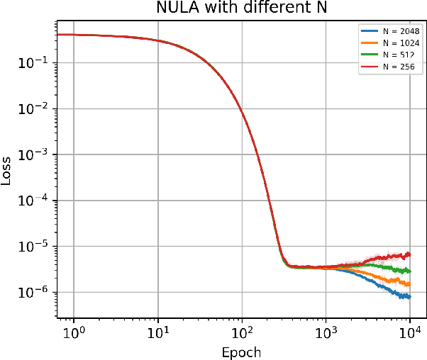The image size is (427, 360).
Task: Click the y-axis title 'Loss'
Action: pyautogui.click(x=7, y=171)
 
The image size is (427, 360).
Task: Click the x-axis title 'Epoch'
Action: pyautogui.click(x=242, y=352)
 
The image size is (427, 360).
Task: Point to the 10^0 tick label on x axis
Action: pyautogui.click(x=74, y=332)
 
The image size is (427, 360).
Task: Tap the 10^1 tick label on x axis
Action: pyautogui.click(x=158, y=332)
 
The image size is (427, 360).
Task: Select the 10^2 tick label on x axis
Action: pyautogui.click(x=242, y=332)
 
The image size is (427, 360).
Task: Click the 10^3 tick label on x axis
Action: pyautogui.click(x=326, y=332)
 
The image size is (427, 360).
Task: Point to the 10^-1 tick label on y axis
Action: pyautogui.click(x=32, y=62)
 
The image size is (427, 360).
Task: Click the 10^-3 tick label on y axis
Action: pyautogui.click(x=32, y=154)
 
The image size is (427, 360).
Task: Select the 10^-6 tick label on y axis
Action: pyautogui.click(x=32, y=292)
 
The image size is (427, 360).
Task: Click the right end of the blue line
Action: pyautogui.click(x=409, y=296)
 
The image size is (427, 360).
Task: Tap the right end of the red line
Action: pyautogui.click(x=409, y=254)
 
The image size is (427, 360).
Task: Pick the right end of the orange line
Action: pyautogui.click(x=409, y=283)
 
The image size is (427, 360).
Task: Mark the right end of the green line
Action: pyautogui.click(x=409, y=271)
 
